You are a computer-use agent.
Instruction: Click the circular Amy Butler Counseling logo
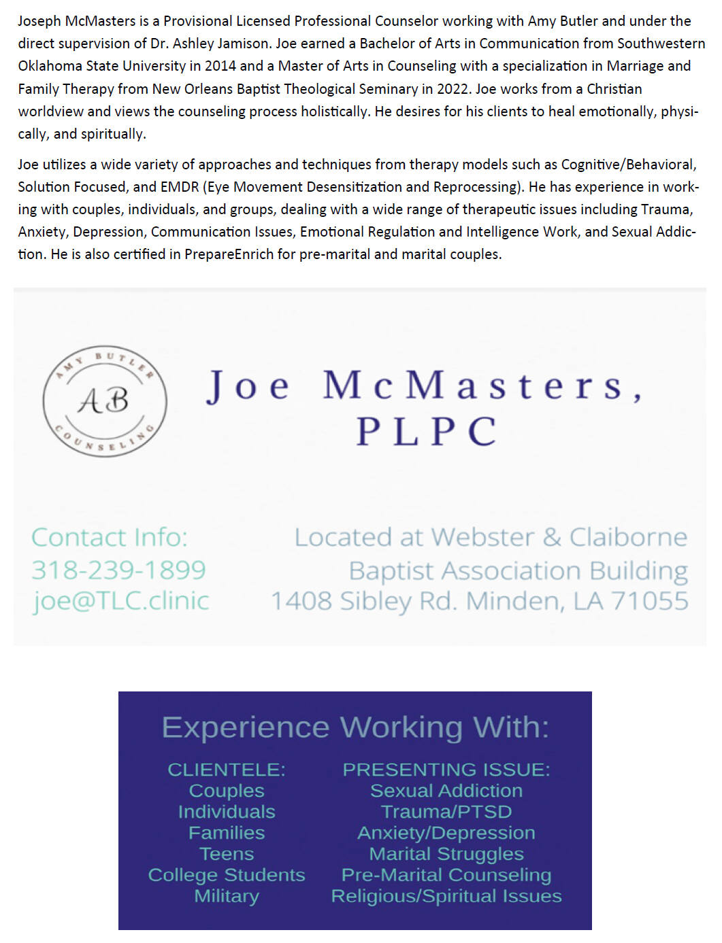pyautogui.click(x=105, y=400)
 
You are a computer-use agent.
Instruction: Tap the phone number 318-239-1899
pyautogui.click(x=118, y=570)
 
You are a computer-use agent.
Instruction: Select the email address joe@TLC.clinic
pyautogui.click(x=120, y=600)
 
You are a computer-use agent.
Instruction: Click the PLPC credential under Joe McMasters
pyautogui.click(x=427, y=431)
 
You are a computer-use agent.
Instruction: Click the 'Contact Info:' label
pyautogui.click(x=110, y=537)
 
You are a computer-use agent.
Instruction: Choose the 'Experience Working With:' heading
pyautogui.click(x=355, y=727)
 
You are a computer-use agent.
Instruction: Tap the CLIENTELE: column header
pyautogui.click(x=227, y=770)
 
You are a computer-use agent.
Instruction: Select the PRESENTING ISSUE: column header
pyautogui.click(x=446, y=770)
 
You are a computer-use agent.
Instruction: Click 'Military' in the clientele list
pyautogui.click(x=227, y=896)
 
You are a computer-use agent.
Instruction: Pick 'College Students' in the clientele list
pyautogui.click(x=227, y=875)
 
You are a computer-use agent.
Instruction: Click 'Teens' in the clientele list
pyautogui.click(x=227, y=854)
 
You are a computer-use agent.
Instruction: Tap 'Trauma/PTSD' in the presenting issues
pyautogui.click(x=446, y=812)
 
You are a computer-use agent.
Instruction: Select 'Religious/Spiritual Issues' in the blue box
pyautogui.click(x=446, y=896)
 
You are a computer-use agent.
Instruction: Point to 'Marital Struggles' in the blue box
pyautogui.click(x=446, y=854)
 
